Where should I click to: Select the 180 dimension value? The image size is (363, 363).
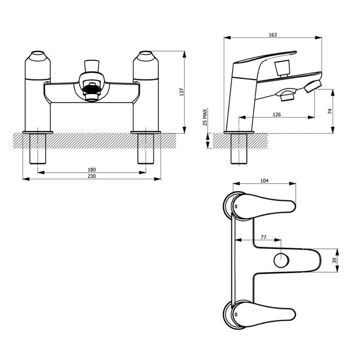pyautogui.click(x=92, y=170)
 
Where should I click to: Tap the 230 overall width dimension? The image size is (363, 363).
pyautogui.click(x=92, y=177)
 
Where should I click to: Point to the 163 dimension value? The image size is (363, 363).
pyautogui.click(x=273, y=35)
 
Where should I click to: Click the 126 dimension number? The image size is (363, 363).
pyautogui.click(x=277, y=114)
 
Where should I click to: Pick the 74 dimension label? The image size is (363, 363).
pyautogui.click(x=330, y=111)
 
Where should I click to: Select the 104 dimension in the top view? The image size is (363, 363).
pyautogui.click(x=265, y=181)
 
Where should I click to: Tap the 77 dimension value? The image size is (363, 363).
pyautogui.click(x=264, y=237)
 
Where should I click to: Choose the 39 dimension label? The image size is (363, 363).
pyautogui.click(x=334, y=260)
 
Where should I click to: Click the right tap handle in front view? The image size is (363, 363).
pyautogui.click(x=146, y=66)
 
